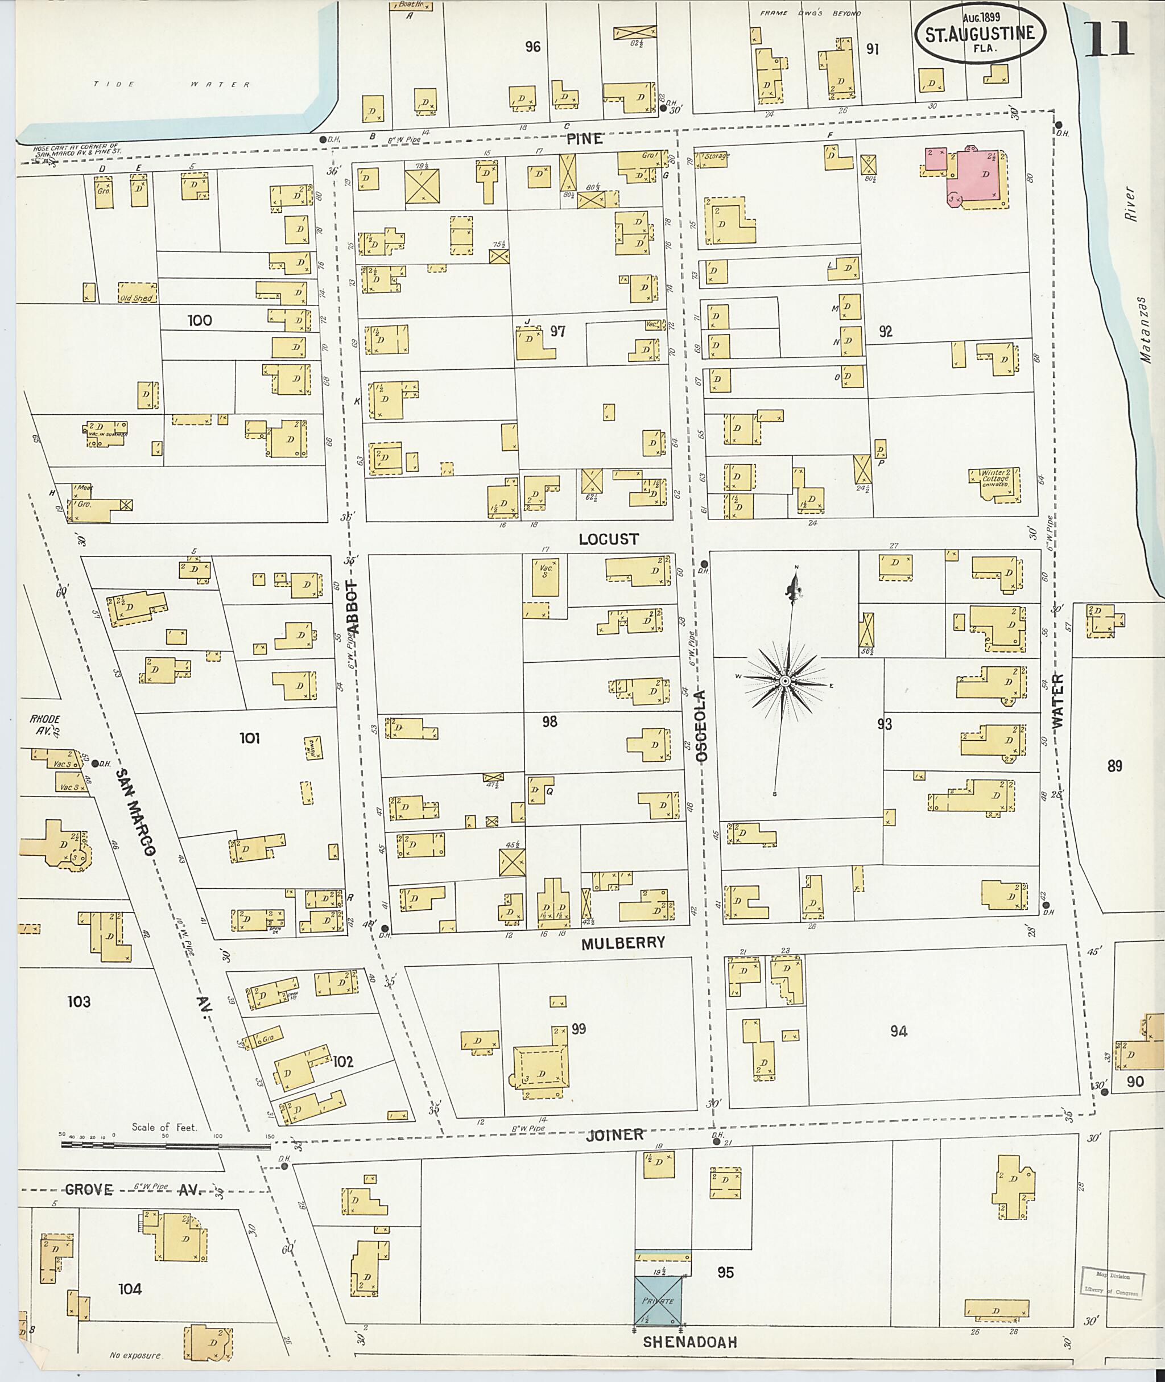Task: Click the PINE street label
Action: (x=584, y=139)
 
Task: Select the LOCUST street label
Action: (x=608, y=539)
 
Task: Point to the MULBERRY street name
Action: (x=623, y=943)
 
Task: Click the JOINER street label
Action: (x=614, y=1135)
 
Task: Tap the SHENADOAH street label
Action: (x=689, y=1342)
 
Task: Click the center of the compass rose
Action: (x=784, y=681)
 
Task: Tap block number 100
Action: (x=200, y=320)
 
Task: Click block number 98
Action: (x=550, y=721)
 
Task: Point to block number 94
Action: (x=898, y=1031)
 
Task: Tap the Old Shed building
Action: (x=137, y=292)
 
